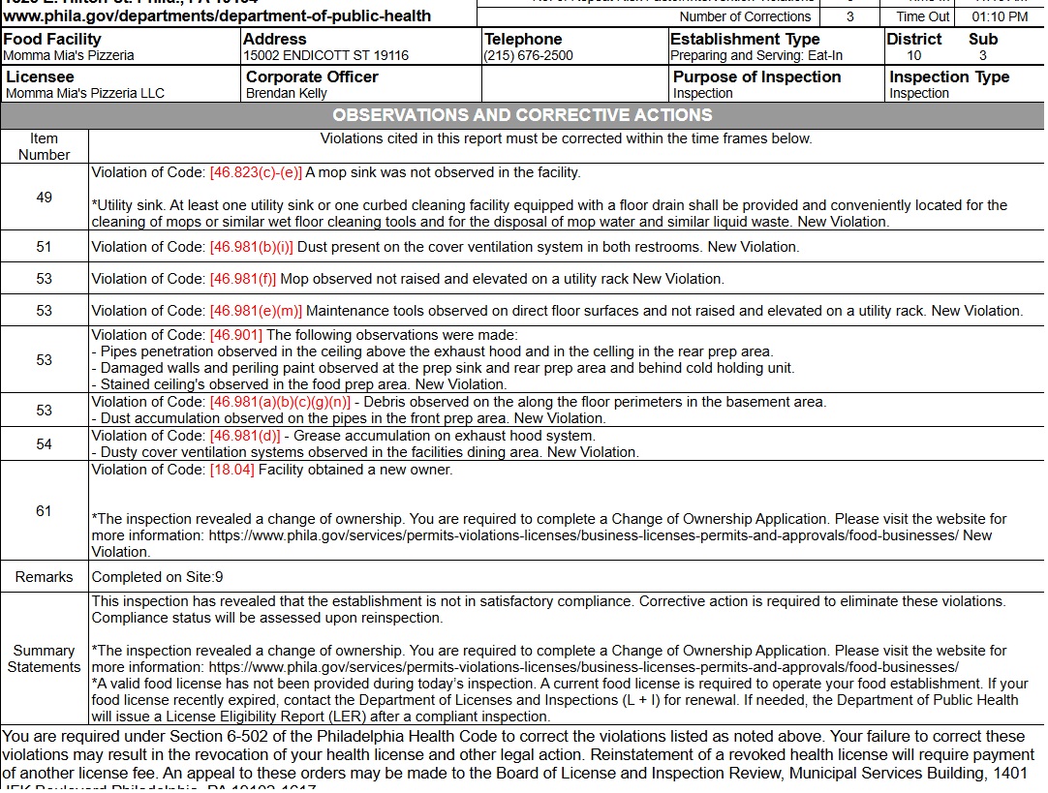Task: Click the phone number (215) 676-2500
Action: pyautogui.click(x=529, y=56)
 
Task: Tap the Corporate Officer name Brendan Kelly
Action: pyautogui.click(x=287, y=94)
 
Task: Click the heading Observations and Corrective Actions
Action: pyautogui.click(x=522, y=115)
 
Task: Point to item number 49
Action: pyautogui.click(x=44, y=198)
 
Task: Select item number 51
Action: pyautogui.click(x=44, y=247)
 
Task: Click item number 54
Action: pyautogui.click(x=44, y=444)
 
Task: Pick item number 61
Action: pyautogui.click(x=44, y=511)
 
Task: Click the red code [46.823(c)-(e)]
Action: pyautogui.click(x=256, y=173)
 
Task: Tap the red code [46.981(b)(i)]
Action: pyautogui.click(x=251, y=247)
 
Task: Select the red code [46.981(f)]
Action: pyautogui.click(x=243, y=279)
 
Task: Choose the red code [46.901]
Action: pyautogui.click(x=235, y=335)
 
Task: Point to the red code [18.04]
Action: pyautogui.click(x=231, y=471)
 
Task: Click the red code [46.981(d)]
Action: pyautogui.click(x=244, y=436)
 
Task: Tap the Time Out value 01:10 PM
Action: pyautogui.click(x=1001, y=16)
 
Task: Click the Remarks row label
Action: pyautogui.click(x=44, y=577)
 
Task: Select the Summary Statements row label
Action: pyautogui.click(x=44, y=658)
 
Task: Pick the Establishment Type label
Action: pyautogui.click(x=745, y=40)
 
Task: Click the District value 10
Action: pyautogui.click(x=913, y=56)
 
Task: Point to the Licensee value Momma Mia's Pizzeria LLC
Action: pyautogui.click(x=85, y=94)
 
